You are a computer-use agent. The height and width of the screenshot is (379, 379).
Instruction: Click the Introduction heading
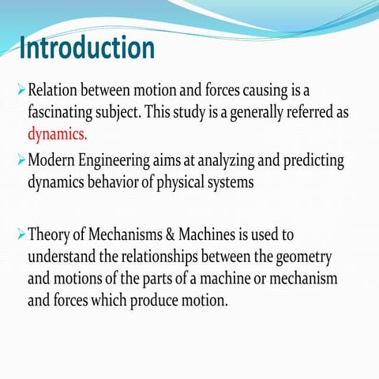[x=87, y=49]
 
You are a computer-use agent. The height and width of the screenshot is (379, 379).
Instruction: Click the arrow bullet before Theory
[x=21, y=235]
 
